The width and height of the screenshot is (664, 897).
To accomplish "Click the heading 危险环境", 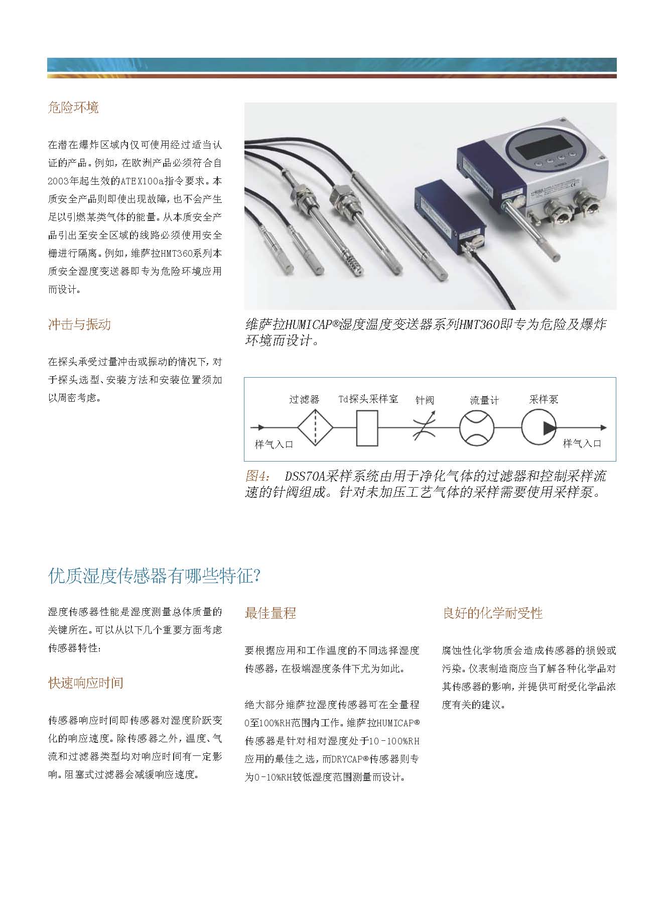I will (x=73, y=107).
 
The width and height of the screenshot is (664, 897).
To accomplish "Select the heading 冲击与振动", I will (x=79, y=324).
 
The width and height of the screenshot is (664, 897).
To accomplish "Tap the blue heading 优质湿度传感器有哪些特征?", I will (x=154, y=576).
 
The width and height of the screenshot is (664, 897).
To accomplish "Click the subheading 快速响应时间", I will (x=85, y=683).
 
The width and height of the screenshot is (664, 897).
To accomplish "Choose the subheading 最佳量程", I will (x=270, y=613).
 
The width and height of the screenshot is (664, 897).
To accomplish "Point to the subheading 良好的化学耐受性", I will (x=492, y=613).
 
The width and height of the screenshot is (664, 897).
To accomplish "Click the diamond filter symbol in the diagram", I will (x=315, y=427).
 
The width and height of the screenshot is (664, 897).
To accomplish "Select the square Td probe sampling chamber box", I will (x=367, y=428).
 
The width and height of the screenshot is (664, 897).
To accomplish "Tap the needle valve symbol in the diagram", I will (x=425, y=428).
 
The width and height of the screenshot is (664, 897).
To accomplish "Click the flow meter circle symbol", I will (x=476, y=428).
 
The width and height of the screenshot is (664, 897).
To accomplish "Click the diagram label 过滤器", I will (x=304, y=400).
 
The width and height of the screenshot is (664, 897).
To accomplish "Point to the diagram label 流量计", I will (x=484, y=400).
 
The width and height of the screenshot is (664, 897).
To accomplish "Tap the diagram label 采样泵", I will (x=544, y=400).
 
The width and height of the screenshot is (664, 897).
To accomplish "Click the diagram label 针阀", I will (x=425, y=400).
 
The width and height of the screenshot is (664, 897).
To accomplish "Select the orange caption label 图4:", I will (x=257, y=476).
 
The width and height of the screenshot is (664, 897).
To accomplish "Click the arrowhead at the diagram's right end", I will (x=603, y=428).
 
